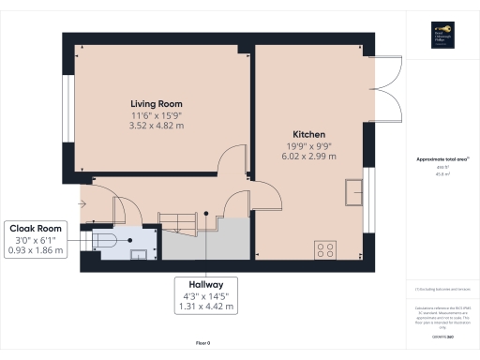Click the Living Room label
click(156, 103)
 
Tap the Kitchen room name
click(308, 134)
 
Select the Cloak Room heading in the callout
click(36, 228)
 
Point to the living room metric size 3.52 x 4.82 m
click(156, 125)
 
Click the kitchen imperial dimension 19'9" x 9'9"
click(308, 145)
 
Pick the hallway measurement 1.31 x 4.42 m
click(204, 305)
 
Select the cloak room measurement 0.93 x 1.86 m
click(36, 250)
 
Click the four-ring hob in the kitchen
click(326, 249)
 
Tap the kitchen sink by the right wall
click(354, 191)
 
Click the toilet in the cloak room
click(104, 241)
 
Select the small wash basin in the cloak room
click(139, 251)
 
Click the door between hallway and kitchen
click(266, 196)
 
